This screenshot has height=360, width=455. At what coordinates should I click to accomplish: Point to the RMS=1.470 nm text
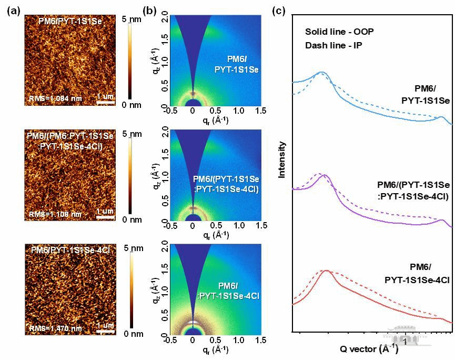click(53, 328)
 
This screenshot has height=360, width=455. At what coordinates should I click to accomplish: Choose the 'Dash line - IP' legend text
click(333, 45)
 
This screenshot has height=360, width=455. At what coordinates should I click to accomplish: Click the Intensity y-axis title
click(282, 159)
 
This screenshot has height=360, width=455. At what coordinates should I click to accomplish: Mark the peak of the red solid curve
click(327, 271)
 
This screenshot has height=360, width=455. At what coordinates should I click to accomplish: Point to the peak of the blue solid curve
click(321, 72)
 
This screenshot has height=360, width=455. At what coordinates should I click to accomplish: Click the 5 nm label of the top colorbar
click(144, 19)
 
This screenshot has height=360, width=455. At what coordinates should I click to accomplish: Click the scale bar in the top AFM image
click(106, 103)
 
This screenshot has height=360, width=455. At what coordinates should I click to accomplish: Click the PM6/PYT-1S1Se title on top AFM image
click(70, 21)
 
